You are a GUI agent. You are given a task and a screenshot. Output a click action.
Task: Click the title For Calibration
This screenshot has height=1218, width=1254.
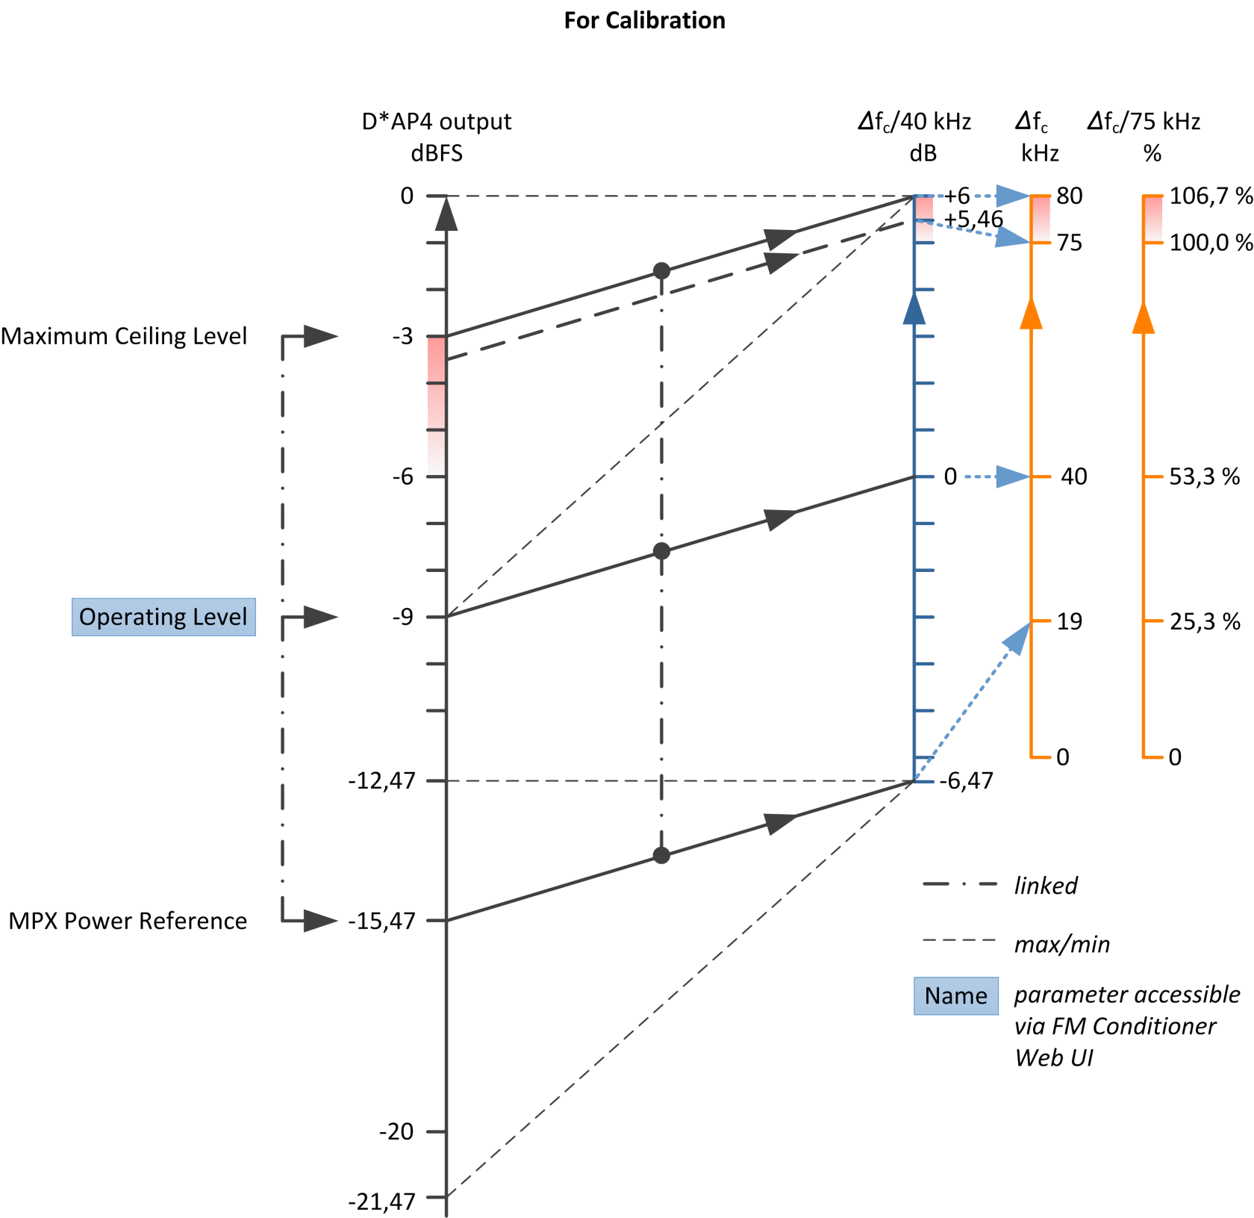(x=644, y=20)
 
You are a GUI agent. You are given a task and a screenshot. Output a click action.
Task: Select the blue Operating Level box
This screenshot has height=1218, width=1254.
(x=163, y=617)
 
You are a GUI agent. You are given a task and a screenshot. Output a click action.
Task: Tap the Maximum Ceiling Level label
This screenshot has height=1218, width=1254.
(x=124, y=337)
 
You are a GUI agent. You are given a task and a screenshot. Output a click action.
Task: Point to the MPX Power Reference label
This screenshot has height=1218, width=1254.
(x=128, y=921)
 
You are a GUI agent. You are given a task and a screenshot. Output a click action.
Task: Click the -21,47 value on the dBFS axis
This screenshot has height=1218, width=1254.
(x=381, y=1202)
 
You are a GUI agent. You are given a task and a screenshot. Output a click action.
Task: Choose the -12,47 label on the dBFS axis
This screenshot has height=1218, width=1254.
(x=381, y=781)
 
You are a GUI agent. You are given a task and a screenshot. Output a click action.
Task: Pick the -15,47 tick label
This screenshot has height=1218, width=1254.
(x=381, y=921)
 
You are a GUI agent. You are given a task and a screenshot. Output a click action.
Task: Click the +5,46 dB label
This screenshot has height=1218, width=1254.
(x=973, y=219)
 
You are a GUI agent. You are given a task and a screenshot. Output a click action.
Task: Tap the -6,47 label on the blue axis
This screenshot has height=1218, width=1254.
(x=967, y=781)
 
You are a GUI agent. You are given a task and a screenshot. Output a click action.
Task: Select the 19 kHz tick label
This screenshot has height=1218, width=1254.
(x=1070, y=621)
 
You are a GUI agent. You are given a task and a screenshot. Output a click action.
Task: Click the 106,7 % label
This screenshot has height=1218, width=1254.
(x=1211, y=196)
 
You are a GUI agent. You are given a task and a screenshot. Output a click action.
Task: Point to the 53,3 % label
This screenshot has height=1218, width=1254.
(x=1205, y=476)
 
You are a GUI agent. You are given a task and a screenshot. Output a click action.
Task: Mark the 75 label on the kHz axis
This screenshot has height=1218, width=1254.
(x=1070, y=243)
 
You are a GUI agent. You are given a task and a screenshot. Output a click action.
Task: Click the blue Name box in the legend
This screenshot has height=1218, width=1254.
(x=956, y=996)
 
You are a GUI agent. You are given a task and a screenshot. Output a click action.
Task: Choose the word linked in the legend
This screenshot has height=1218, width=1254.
(x=1046, y=886)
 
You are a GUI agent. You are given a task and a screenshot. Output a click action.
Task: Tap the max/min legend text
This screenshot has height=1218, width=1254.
(x=1062, y=945)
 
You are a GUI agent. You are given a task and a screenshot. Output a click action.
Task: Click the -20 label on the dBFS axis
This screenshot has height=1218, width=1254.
(x=396, y=1131)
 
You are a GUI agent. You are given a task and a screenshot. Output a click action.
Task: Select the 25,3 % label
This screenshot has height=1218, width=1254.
(x=1205, y=621)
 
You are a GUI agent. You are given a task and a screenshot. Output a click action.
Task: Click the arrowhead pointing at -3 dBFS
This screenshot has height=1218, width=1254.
(x=321, y=336)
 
